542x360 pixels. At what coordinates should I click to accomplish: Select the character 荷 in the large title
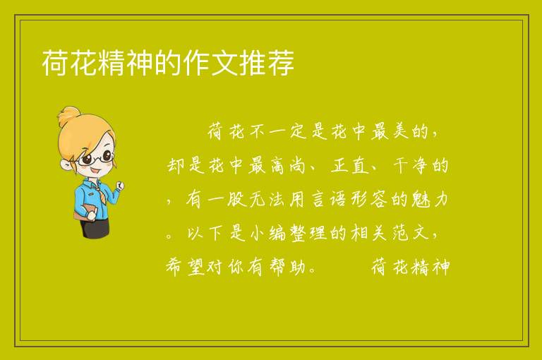[55, 62]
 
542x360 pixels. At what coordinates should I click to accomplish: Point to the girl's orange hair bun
[68, 115]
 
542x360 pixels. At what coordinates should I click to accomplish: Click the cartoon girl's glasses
[97, 157]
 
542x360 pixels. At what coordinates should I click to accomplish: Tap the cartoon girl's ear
[66, 164]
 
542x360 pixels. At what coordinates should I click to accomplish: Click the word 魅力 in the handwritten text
[430, 199]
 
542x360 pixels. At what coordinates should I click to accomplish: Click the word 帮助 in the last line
[287, 267]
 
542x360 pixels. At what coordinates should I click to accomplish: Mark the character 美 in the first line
[401, 132]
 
